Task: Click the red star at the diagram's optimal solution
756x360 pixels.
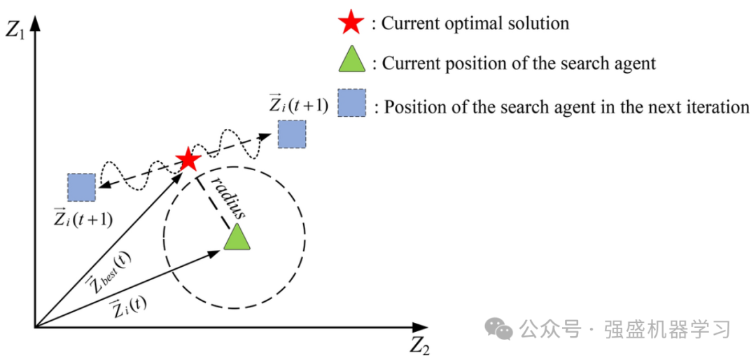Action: pyautogui.click(x=188, y=160)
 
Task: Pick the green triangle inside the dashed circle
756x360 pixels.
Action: pyautogui.click(x=237, y=237)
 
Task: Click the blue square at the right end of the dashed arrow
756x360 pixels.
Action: pyautogui.click(x=291, y=134)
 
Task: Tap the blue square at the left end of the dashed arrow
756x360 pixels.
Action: pyautogui.click(x=81, y=187)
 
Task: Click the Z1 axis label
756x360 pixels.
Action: pyautogui.click(x=15, y=30)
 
